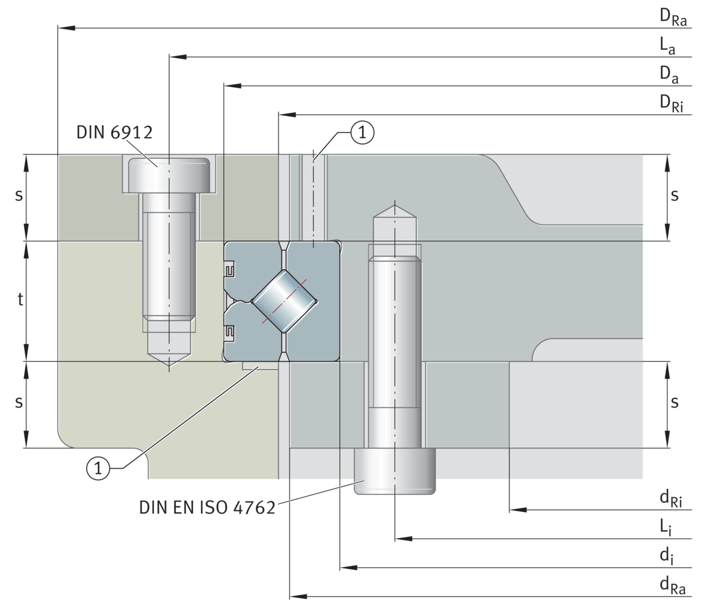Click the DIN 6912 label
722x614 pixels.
[114, 132]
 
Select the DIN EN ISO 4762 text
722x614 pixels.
[207, 507]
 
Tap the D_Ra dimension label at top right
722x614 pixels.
[673, 17]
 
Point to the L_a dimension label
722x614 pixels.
[667, 46]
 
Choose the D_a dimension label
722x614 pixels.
[668, 75]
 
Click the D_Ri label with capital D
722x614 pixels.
[671, 104]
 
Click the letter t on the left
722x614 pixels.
[20, 300]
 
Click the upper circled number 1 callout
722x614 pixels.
[362, 132]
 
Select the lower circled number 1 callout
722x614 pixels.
[98, 468]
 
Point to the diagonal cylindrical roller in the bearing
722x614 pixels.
[285, 301]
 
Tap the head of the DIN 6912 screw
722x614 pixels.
[170, 175]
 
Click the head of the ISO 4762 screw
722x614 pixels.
[395, 471]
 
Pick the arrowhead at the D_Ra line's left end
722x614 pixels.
[66, 28]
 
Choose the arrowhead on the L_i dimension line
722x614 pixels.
[404, 539]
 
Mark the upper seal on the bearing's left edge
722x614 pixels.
[229, 270]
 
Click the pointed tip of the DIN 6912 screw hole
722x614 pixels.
[169, 365]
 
